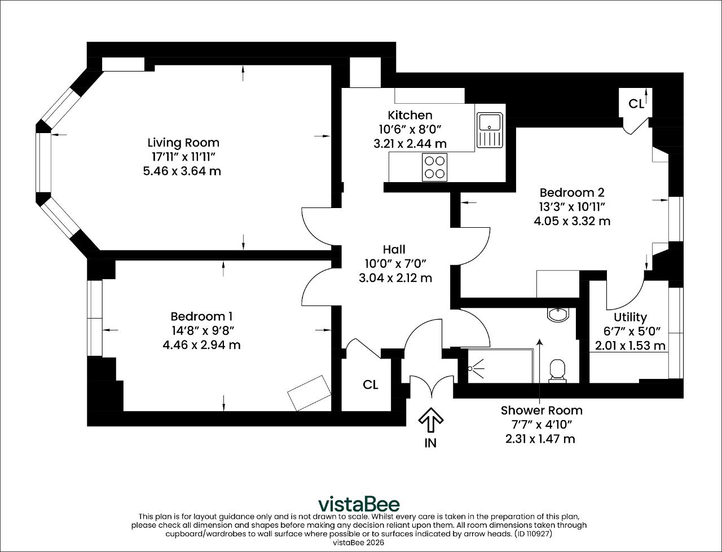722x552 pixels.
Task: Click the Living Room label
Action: [x=183, y=143]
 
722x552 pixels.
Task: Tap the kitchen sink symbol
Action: [x=490, y=130]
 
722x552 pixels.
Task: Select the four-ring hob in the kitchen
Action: [x=434, y=167]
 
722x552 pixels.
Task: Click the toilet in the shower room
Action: [x=557, y=371]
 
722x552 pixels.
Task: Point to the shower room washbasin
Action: [x=558, y=315]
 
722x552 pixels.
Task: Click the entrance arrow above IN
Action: [x=430, y=420]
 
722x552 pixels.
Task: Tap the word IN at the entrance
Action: [x=430, y=443]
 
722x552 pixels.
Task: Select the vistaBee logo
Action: [x=359, y=504]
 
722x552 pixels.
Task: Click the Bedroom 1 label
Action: [x=201, y=316]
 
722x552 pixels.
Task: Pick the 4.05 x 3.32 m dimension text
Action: [x=572, y=221]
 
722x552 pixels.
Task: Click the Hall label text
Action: [x=394, y=249]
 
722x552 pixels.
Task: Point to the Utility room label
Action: [x=630, y=317]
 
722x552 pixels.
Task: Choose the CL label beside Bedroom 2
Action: [x=636, y=104]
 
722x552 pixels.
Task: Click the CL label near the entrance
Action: [x=371, y=385]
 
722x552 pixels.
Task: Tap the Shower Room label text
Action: [x=541, y=410]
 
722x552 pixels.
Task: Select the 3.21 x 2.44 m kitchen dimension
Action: [x=410, y=144]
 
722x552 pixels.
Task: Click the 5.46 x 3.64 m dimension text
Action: [x=182, y=171]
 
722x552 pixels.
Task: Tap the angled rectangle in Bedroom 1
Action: [x=309, y=393]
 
